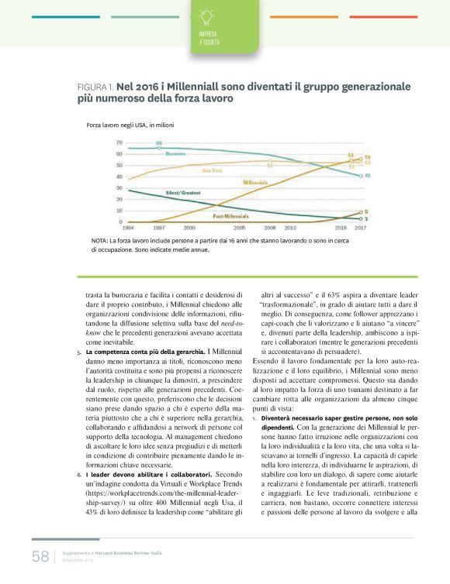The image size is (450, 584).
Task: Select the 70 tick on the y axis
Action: [119, 143]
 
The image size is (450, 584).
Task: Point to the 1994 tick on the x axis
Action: [127, 228]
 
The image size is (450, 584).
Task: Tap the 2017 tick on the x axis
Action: [361, 228]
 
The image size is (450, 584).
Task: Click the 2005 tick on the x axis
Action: [241, 228]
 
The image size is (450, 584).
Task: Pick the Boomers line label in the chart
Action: [178, 154]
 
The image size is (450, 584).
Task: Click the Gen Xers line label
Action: [213, 170]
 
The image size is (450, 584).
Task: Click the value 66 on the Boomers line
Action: [159, 143]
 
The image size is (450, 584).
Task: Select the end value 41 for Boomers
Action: [366, 176]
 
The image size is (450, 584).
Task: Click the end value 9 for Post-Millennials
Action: [366, 211]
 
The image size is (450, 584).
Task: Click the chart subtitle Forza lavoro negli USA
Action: [130, 124]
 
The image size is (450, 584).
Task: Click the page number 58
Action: [40, 556]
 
